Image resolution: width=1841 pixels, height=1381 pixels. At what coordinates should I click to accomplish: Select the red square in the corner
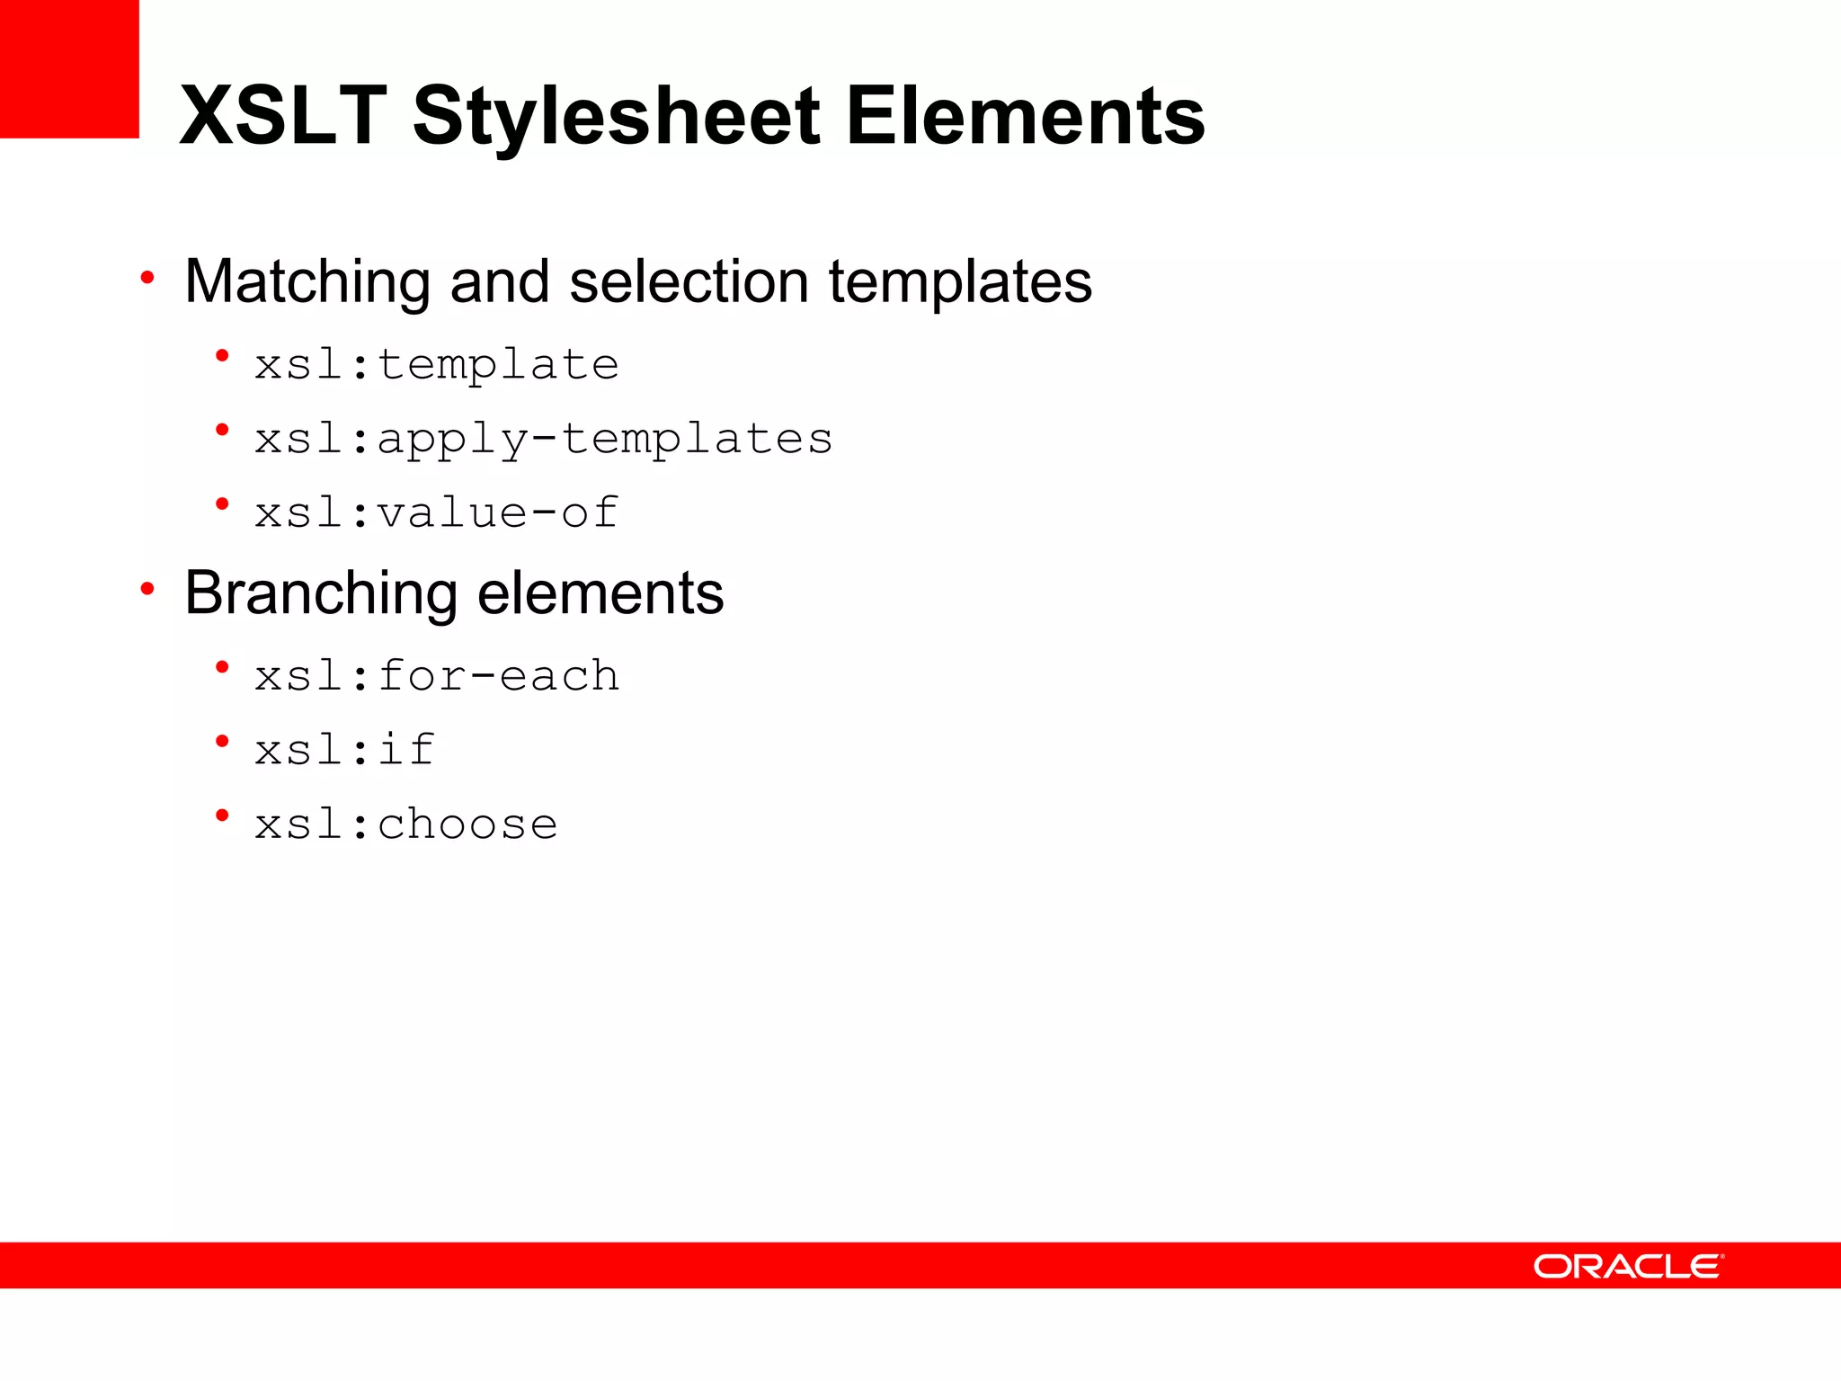pyautogui.click(x=69, y=68)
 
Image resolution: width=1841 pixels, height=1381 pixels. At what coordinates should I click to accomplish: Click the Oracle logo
pyautogui.click(x=1628, y=1266)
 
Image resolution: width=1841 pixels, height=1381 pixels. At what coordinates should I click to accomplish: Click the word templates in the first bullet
pyautogui.click(x=959, y=281)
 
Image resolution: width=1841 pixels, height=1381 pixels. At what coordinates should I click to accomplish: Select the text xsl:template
pyautogui.click(x=437, y=365)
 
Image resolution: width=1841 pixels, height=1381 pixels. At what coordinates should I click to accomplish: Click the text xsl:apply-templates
pyautogui.click(x=544, y=439)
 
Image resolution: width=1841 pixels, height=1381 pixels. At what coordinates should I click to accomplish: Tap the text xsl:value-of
pyautogui.click(x=437, y=512)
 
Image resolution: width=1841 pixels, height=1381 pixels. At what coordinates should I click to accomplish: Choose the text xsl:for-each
pyautogui.click(x=437, y=676)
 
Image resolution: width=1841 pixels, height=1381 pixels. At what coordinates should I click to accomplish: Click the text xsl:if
pyautogui.click(x=344, y=750)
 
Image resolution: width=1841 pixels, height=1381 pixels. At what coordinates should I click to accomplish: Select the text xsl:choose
pyautogui.click(x=405, y=824)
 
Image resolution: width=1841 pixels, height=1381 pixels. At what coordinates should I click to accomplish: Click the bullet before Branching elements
pyautogui.click(x=147, y=590)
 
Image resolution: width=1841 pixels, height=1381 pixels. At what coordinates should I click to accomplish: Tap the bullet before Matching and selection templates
pyautogui.click(x=147, y=278)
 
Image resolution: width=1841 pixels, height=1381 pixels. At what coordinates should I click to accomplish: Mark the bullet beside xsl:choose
pyautogui.click(x=222, y=815)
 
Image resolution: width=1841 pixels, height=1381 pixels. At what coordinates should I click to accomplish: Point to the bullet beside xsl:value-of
pyautogui.click(x=222, y=504)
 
